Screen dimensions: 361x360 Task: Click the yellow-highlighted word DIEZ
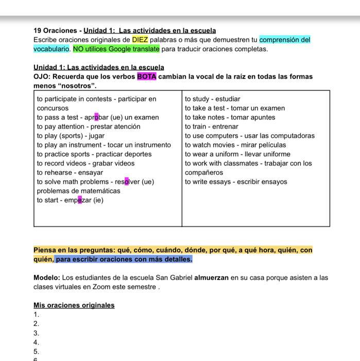(140, 40)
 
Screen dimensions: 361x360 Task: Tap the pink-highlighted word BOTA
(147, 77)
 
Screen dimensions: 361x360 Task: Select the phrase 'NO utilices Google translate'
(116, 49)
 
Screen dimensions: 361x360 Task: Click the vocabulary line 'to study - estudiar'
(212, 99)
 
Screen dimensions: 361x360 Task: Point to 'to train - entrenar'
(212, 127)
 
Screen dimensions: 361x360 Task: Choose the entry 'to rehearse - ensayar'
(70, 173)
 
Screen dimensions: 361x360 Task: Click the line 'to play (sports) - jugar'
(71, 136)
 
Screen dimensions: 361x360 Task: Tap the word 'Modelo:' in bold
(47, 277)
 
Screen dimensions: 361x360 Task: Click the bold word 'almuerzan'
(211, 277)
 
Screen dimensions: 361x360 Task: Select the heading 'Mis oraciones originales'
(74, 305)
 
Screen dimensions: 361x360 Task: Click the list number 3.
(36, 333)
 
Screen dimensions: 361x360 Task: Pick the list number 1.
(36, 315)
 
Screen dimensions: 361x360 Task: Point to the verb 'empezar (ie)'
(84, 201)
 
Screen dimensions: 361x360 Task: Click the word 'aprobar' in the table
(96, 118)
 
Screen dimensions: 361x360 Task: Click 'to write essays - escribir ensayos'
(236, 182)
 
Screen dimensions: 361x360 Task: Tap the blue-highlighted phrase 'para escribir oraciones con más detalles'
(124, 259)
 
